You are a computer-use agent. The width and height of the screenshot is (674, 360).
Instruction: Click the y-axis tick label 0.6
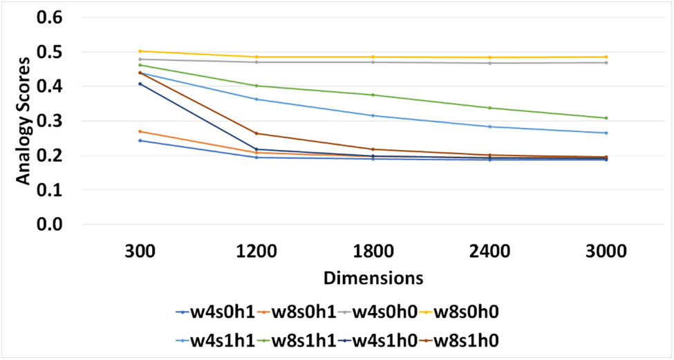pos(49,17)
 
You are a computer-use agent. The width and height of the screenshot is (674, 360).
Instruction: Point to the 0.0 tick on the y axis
pos(49,225)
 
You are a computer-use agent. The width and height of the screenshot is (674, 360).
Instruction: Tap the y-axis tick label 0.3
pos(49,121)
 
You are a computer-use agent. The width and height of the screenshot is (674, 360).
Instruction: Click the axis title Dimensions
pos(373,278)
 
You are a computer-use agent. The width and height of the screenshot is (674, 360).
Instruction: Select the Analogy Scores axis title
pos(24,121)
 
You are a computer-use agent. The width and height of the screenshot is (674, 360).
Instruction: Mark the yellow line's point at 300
pos(140,51)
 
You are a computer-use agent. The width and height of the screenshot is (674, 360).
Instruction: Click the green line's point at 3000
pos(606,118)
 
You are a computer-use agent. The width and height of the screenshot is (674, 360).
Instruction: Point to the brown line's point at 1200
pos(256,133)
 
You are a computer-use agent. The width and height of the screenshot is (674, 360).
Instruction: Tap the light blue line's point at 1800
pos(373,115)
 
